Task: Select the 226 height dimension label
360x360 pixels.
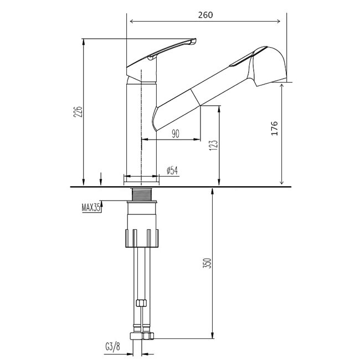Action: (x=78, y=112)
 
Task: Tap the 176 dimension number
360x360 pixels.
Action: (x=275, y=128)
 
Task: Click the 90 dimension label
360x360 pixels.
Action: (x=175, y=133)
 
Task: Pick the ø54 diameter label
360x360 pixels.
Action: (x=172, y=171)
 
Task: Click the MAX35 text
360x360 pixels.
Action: (x=90, y=208)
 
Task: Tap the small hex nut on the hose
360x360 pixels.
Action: (x=140, y=304)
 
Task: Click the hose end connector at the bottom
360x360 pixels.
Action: (x=142, y=336)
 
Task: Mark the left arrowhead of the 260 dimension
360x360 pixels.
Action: (x=131, y=22)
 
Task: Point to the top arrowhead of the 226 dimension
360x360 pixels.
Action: (x=84, y=40)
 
